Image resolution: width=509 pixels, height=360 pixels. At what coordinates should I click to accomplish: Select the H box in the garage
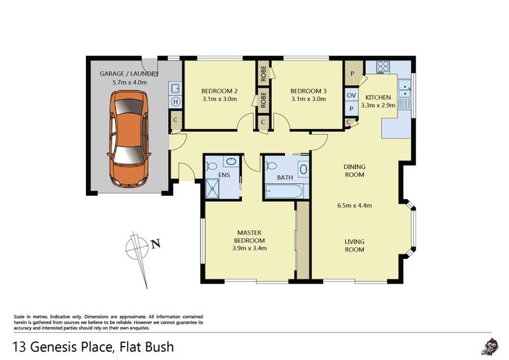coord(174,101)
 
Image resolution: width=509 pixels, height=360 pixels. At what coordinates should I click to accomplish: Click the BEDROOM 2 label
coord(220,90)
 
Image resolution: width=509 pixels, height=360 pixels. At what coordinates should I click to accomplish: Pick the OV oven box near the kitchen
coord(351,95)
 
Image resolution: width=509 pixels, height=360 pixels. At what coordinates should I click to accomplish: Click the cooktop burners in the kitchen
coord(384,66)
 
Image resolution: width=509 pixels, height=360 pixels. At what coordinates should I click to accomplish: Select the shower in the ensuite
coord(211,188)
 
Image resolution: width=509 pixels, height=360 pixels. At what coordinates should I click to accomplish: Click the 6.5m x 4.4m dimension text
coord(354,205)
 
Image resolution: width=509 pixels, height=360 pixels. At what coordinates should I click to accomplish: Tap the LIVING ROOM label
coord(354,246)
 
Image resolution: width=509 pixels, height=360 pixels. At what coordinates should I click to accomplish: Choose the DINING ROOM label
coord(354,170)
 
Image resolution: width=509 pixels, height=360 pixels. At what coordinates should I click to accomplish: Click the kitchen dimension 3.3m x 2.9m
coord(379,106)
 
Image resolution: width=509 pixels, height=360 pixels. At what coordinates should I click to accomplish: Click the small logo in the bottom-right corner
coord(488,347)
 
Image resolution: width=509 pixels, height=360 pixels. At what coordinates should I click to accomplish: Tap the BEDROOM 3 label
coord(308,90)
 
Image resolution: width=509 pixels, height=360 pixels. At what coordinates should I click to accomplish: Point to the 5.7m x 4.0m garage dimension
coord(129,82)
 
